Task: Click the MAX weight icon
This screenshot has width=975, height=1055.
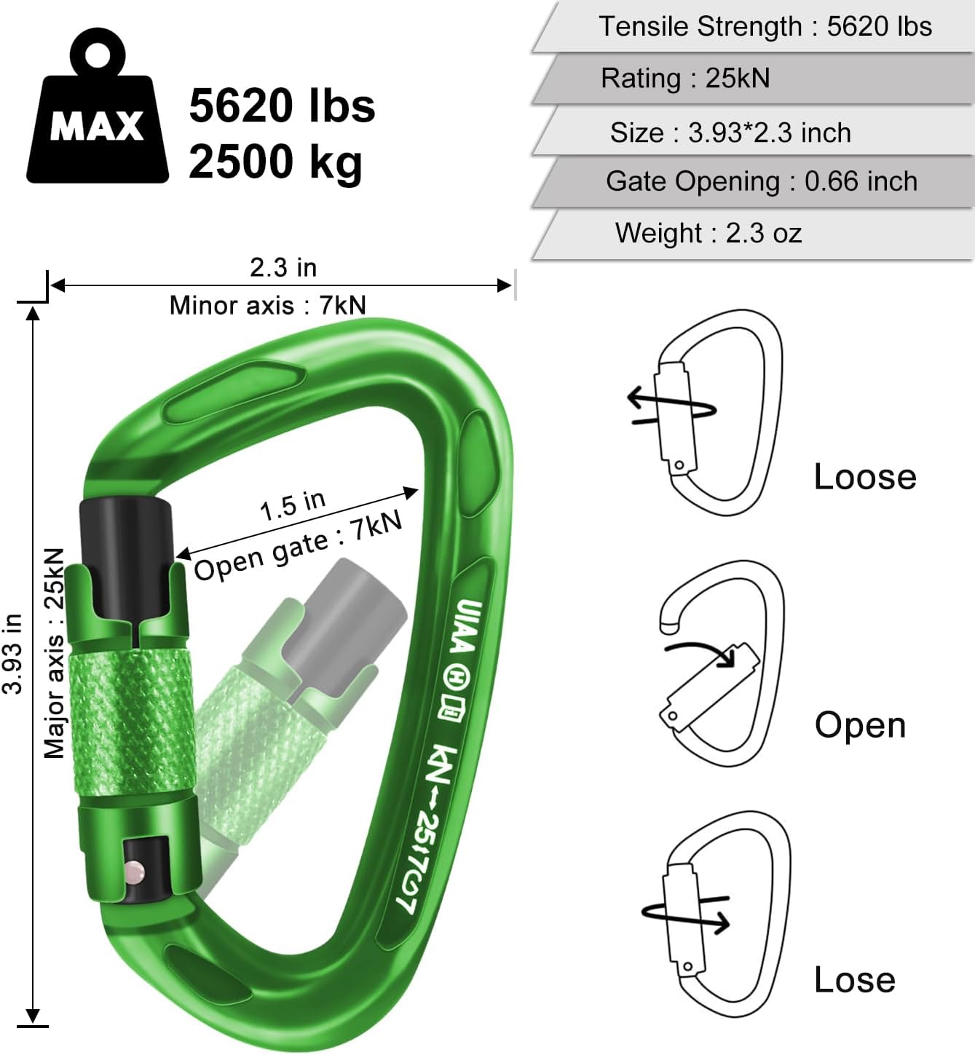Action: click(x=97, y=109)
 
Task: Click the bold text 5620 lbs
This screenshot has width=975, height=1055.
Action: click(x=282, y=106)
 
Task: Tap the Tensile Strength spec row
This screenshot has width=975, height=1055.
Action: click(x=765, y=27)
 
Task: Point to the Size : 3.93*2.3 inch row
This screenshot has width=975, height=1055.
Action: click(x=730, y=133)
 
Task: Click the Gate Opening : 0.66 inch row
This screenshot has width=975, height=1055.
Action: click(x=761, y=181)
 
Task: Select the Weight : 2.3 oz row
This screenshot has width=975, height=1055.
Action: click(x=708, y=233)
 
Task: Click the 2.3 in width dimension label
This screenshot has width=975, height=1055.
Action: click(x=283, y=267)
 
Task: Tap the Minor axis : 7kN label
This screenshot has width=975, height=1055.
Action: click(x=267, y=305)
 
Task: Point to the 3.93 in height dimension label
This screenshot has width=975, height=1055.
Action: click(x=12, y=653)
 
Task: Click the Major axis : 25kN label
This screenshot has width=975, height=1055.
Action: click(x=54, y=653)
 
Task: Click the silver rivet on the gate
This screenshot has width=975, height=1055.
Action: click(x=135, y=871)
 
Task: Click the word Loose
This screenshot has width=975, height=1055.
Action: click(x=864, y=477)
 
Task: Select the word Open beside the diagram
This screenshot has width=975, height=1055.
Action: click(x=860, y=725)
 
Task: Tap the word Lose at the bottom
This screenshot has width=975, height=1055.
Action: click(x=854, y=979)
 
